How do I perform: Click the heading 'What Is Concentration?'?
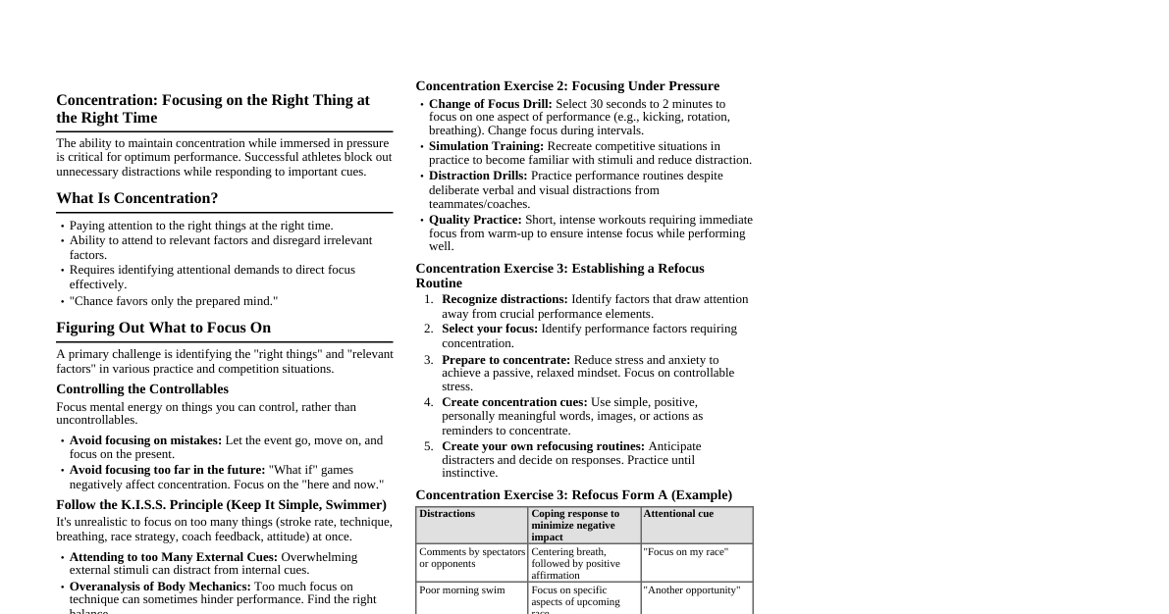pos(136,198)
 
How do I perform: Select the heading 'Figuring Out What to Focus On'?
pos(163,328)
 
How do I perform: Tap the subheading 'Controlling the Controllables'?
pos(142,389)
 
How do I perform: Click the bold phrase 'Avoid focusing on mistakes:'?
pos(145,440)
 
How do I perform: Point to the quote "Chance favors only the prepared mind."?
pos(174,301)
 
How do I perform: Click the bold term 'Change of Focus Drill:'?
pos(490,104)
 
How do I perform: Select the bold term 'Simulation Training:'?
pos(486,146)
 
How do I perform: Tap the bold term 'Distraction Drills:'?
pos(478,176)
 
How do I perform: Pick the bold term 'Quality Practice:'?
pos(475,220)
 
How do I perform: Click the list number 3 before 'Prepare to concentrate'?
pos(428,360)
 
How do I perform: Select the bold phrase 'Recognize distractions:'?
pos(505,299)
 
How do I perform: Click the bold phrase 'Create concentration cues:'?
pos(514,402)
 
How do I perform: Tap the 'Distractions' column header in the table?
pos(447,514)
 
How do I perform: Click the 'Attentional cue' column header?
pos(678,514)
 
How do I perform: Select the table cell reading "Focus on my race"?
pos(686,552)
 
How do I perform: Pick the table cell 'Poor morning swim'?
pos(462,590)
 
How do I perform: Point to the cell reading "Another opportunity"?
pos(692,590)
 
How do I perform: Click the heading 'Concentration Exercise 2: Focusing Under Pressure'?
pos(567,86)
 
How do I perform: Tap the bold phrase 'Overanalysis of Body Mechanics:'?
pos(160,587)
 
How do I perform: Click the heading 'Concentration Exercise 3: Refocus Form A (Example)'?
pos(573,495)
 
